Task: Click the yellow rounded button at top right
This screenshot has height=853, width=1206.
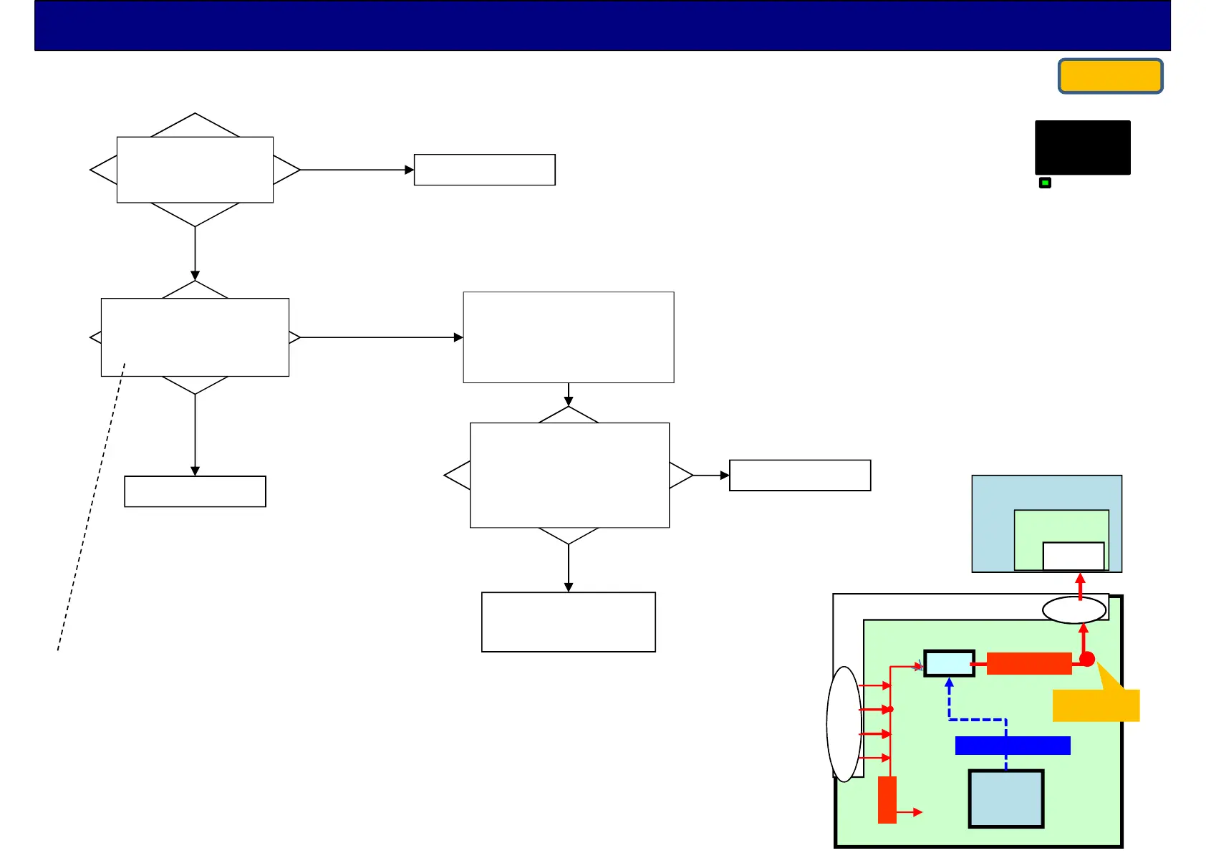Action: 1110,76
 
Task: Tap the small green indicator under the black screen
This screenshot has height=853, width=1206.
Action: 1045,183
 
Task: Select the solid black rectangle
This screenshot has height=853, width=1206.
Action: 1082,148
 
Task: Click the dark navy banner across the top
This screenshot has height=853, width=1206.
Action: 602,26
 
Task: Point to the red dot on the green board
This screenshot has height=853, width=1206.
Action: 1087,659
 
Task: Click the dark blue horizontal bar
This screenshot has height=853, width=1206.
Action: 1013,746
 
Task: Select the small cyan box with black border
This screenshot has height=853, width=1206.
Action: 949,663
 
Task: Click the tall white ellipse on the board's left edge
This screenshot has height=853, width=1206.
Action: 844,723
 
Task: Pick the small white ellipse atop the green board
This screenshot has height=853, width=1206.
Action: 1074,610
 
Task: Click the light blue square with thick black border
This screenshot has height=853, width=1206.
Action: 1006,799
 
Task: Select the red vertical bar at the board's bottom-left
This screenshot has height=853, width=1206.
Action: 887,799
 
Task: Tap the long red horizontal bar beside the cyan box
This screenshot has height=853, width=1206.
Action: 1028,663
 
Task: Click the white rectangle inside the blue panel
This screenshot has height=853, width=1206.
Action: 1073,556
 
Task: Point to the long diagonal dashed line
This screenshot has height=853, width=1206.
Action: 91,509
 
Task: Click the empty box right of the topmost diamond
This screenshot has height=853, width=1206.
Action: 484,170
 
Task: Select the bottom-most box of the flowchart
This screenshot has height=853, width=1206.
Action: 568,622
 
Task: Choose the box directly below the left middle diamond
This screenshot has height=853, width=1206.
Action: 195,491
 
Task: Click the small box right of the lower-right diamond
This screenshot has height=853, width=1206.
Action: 799,475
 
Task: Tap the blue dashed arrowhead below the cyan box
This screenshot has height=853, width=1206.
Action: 949,683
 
